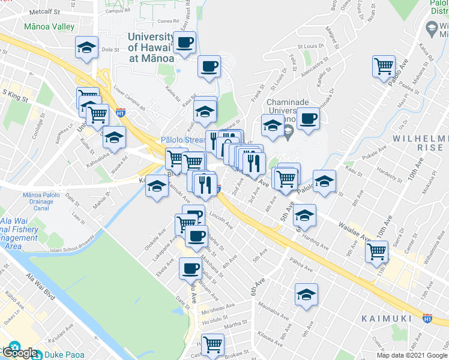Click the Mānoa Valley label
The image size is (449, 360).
pos(49,27)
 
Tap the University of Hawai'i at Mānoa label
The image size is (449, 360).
pos(151,47)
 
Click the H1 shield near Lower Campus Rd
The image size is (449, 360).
pos(121,112)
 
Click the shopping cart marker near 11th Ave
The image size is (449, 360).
pos(377,250)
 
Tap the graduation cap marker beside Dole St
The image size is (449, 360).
pos(86,47)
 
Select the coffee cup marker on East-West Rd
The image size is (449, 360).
pos(185,42)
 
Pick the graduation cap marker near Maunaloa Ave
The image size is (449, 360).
pos(306,295)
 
